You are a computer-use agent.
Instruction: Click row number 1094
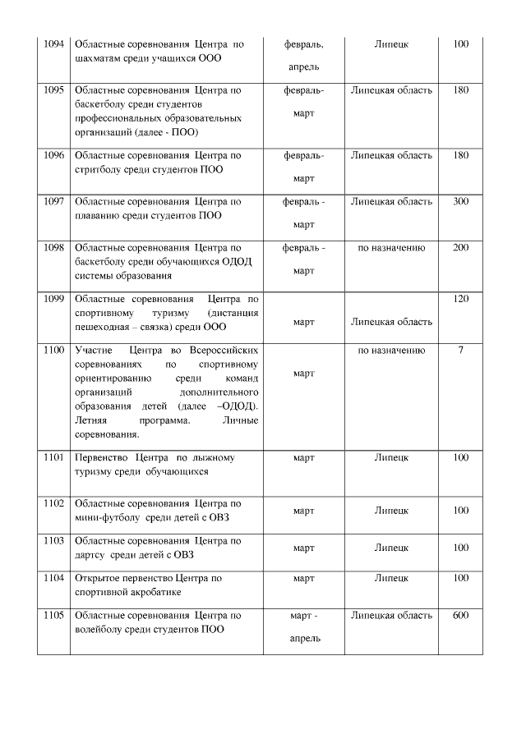coord(53,43)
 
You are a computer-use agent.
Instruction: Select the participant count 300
coord(460,201)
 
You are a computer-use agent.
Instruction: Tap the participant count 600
coord(460,615)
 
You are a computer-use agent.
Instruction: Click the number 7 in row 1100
coord(460,351)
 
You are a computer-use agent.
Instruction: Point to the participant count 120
coord(460,299)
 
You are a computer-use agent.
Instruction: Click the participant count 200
coord(460,247)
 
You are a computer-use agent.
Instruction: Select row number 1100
coord(53,351)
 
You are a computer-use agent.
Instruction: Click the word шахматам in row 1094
coord(99,58)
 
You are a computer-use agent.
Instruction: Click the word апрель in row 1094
coord(303,67)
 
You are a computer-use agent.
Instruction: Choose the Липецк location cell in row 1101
coord(391,457)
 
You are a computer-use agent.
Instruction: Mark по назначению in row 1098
coord(391,247)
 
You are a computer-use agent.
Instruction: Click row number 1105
coord(53,615)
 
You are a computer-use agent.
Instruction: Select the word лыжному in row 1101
coord(210,457)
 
